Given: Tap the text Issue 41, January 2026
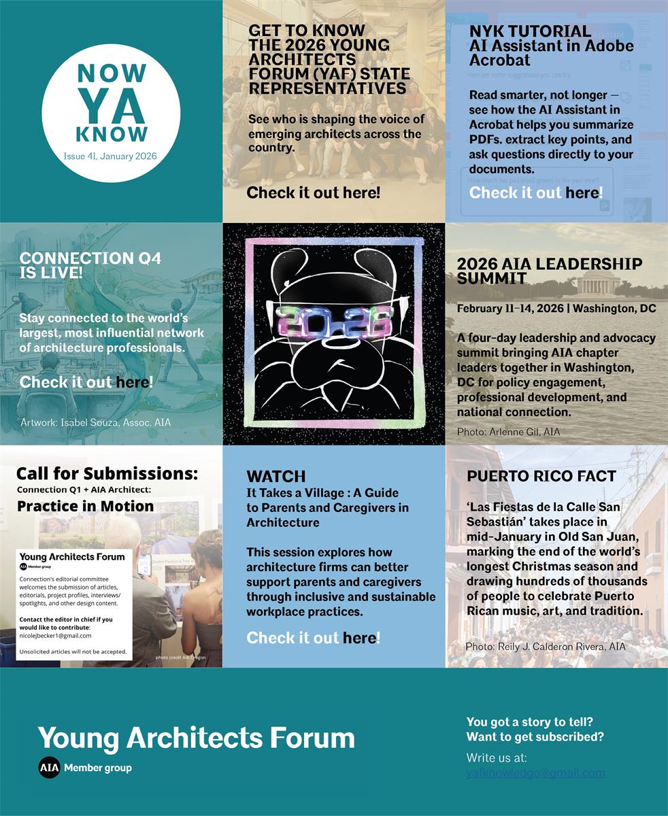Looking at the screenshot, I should point(110,156).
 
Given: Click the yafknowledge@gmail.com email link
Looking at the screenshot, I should point(535,772).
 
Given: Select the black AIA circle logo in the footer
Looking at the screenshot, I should point(49,768).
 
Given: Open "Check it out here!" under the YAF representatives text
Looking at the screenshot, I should point(313,192).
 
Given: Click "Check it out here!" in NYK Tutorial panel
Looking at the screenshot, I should point(536,192).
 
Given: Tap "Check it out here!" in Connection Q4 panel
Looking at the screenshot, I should point(86,381).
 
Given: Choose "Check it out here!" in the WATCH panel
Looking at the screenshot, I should point(313,637).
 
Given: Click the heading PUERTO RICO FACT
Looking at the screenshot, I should point(541,476).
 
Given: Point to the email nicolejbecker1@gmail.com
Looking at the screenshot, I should point(55,635).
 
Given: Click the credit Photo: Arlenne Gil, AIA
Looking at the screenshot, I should point(508,431).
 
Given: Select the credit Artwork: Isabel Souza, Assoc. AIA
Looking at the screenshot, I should point(95,422).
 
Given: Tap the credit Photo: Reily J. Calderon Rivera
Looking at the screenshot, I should point(545,645).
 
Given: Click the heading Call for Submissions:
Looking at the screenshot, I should point(107,473).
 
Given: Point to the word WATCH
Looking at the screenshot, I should point(275,476).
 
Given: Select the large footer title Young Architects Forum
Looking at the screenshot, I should point(196,738).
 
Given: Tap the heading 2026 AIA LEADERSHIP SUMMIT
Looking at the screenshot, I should point(549,271).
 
